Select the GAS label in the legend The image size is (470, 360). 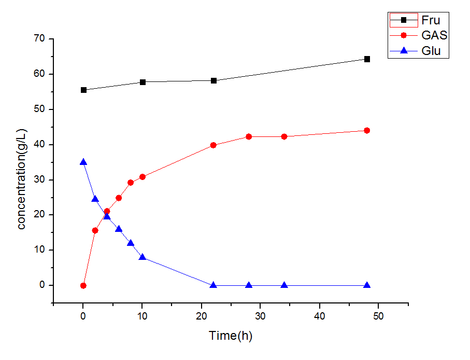[434, 36]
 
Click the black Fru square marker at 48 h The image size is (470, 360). [367, 59]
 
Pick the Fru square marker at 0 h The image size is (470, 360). [83, 90]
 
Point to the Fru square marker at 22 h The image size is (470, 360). [213, 80]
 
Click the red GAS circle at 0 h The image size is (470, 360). [83, 285]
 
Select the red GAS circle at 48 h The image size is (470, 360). [367, 130]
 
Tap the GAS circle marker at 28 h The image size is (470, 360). [249, 136]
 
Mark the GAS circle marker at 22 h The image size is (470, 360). [213, 145]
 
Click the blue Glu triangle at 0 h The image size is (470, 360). [83, 162]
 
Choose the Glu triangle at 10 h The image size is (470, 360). [143, 257]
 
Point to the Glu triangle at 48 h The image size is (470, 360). [367, 285]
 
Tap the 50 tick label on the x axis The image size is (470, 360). [379, 316]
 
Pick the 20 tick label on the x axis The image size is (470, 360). [202, 316]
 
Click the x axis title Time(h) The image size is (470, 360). [231, 336]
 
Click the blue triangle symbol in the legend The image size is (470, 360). [404, 51]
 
